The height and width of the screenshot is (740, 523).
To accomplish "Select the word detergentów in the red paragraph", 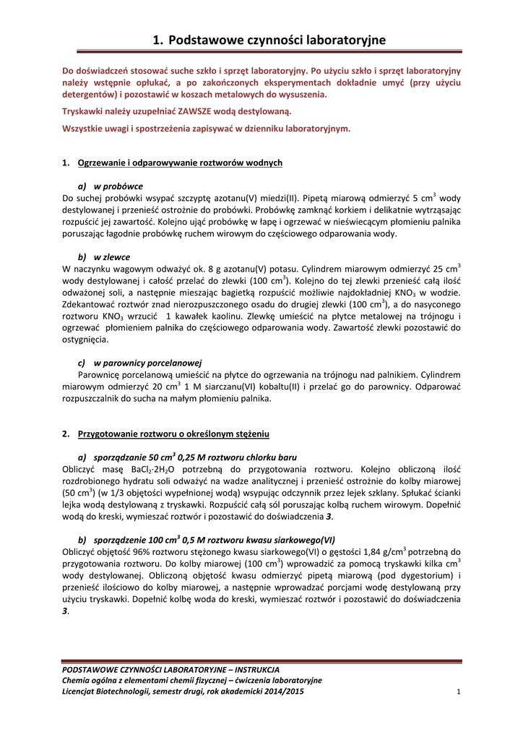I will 89,94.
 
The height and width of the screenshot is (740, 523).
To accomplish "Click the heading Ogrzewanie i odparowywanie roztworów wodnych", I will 180,163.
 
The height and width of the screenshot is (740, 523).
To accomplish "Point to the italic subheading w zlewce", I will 112,257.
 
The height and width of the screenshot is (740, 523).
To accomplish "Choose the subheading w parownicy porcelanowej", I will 147,362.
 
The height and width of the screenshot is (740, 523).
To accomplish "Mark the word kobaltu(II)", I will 274,387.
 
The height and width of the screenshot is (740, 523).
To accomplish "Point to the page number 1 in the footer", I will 459,692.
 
